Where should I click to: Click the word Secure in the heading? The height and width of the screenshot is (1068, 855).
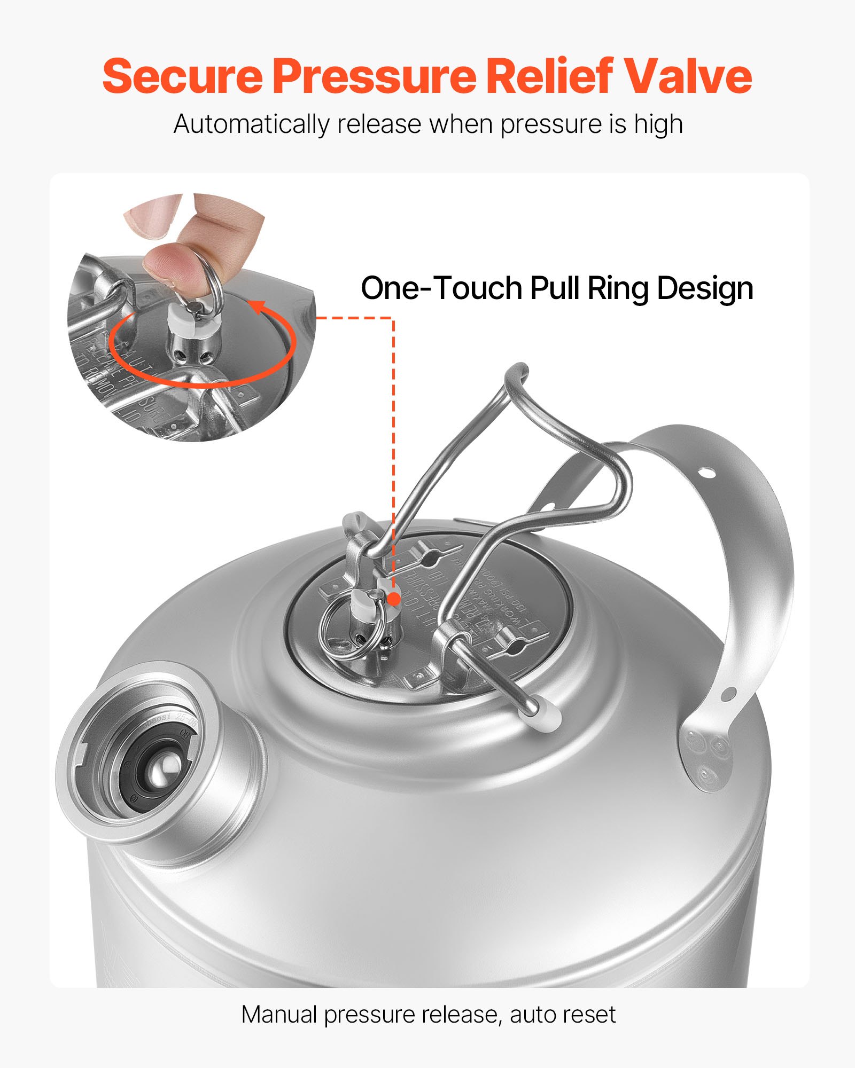point(182,76)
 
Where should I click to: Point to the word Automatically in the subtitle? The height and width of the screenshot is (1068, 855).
point(251,125)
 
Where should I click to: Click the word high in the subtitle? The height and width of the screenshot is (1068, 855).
point(658,125)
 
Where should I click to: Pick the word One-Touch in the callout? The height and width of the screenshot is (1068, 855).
point(441,289)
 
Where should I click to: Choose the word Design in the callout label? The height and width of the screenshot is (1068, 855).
point(705,289)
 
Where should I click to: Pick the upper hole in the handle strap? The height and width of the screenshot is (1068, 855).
point(706,472)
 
